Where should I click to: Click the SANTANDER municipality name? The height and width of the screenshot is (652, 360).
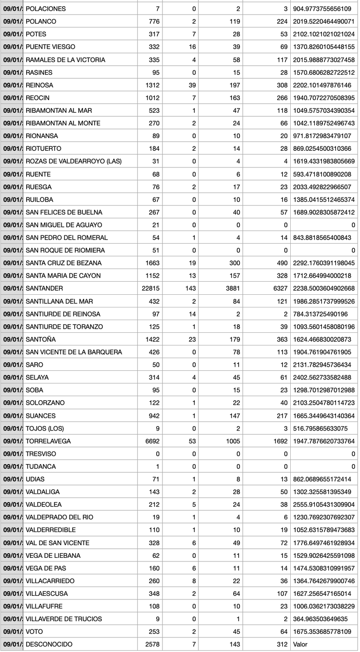pyautogui.click(x=44, y=288)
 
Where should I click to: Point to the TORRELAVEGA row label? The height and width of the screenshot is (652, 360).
pyautogui.click(x=48, y=441)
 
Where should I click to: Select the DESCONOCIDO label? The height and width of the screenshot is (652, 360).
pyautogui.click(x=49, y=644)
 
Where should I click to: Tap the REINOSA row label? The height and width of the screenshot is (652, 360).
pyautogui.click(x=39, y=85)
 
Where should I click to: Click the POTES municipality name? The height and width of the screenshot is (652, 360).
pyautogui.click(x=36, y=34)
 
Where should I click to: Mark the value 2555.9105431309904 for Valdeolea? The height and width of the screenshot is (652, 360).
pyautogui.click(x=324, y=504)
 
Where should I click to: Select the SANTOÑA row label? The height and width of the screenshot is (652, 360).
pyautogui.click(x=41, y=339)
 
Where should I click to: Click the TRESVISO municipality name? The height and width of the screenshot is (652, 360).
pyautogui.click(x=41, y=454)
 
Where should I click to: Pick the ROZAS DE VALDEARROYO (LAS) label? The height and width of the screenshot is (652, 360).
pyautogui.click(x=74, y=161)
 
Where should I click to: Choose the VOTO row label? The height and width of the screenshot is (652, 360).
pyautogui.click(x=34, y=632)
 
